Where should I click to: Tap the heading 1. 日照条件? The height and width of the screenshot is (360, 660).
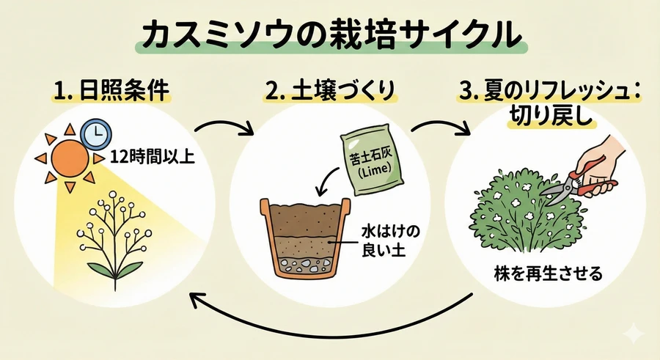click(111, 92)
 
